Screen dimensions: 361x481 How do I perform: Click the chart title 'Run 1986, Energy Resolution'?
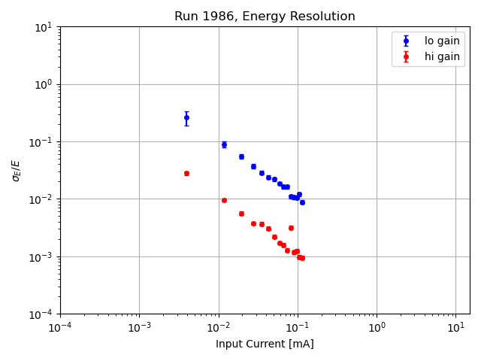coord(265,17)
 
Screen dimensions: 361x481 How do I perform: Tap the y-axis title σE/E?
coord(17,170)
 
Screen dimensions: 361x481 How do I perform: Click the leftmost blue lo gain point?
coord(186,117)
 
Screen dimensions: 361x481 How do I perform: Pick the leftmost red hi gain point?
coord(186,173)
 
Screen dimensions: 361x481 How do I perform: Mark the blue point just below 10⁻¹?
coord(224,144)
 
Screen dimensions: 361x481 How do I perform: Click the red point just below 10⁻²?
coord(224,200)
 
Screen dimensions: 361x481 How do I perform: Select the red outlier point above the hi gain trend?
coord(291,228)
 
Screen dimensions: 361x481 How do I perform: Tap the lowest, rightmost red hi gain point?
coord(302,258)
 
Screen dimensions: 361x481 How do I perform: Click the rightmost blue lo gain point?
coord(302,202)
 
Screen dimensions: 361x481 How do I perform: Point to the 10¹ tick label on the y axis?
coord(43,27)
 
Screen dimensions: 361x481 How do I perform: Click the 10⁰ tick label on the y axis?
coord(43,84)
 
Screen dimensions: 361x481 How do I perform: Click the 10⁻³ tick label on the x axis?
coord(139,328)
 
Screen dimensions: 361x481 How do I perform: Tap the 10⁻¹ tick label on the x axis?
coord(298,328)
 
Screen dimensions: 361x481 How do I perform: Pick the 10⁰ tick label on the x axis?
coord(377,328)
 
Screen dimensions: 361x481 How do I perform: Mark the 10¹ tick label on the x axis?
coord(455,328)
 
